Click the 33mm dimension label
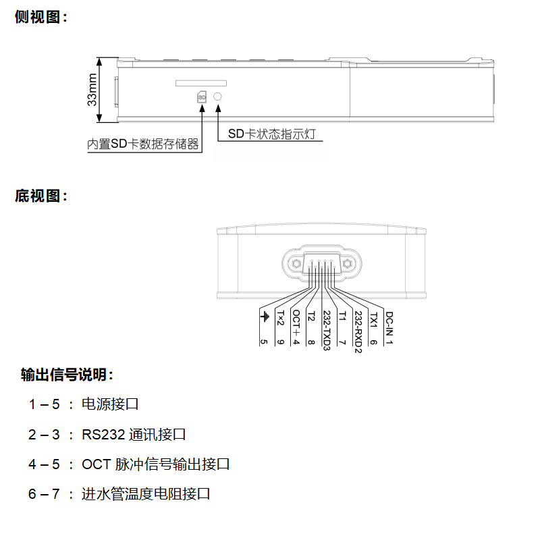coord(92,90)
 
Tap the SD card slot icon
coord(201,97)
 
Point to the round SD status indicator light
coord(217,97)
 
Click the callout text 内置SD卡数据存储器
coord(144,144)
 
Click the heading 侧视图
coord(41,18)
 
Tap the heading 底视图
coord(41,196)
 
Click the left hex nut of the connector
coord(295,264)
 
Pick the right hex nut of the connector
coord(346,264)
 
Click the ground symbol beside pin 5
coord(264,317)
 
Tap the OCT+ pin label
coord(296,322)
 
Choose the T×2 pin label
coord(280,317)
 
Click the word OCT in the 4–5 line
coord(94,464)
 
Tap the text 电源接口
coord(110,404)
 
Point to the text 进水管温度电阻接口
coord(146,494)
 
